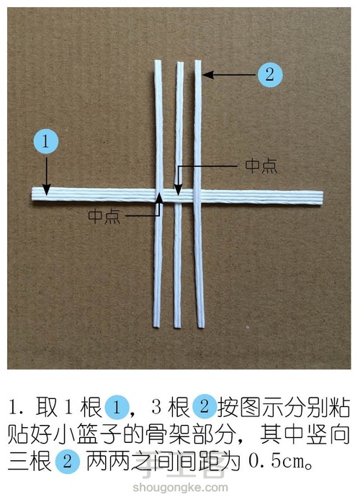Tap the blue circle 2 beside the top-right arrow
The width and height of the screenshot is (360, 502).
(x=269, y=73)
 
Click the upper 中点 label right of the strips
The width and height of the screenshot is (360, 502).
(x=260, y=165)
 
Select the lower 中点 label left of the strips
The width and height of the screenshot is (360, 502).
(x=104, y=215)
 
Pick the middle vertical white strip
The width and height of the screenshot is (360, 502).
(x=178, y=274)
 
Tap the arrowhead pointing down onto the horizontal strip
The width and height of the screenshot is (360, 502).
(x=46, y=190)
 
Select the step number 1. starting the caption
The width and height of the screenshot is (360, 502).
(x=21, y=409)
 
